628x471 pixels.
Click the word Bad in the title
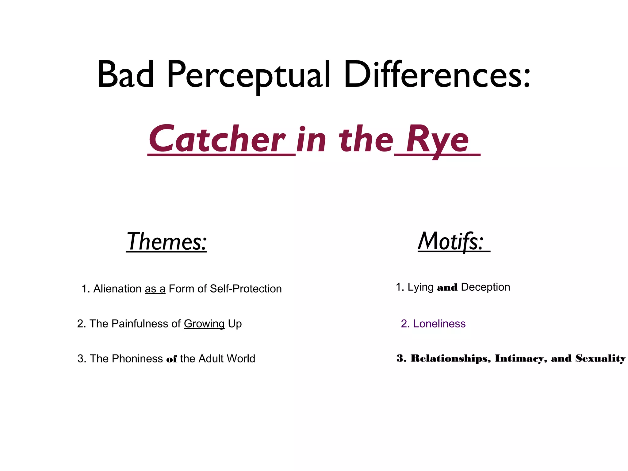click(x=126, y=75)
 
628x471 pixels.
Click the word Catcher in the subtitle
click(x=217, y=140)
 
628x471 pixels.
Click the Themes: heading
click(x=167, y=242)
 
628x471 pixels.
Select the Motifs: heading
click(x=451, y=242)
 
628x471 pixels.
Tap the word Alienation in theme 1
click(x=117, y=289)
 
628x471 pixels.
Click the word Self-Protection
click(x=246, y=289)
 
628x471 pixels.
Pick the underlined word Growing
click(x=204, y=324)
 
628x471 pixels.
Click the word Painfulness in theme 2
click(x=140, y=324)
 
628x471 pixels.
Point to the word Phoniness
click(x=137, y=359)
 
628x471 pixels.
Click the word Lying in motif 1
click(x=420, y=287)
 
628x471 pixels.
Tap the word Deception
click(x=485, y=287)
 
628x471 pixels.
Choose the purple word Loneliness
click(x=439, y=324)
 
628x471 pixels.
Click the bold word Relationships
click(x=451, y=358)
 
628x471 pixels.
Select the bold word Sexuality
click(x=600, y=358)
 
